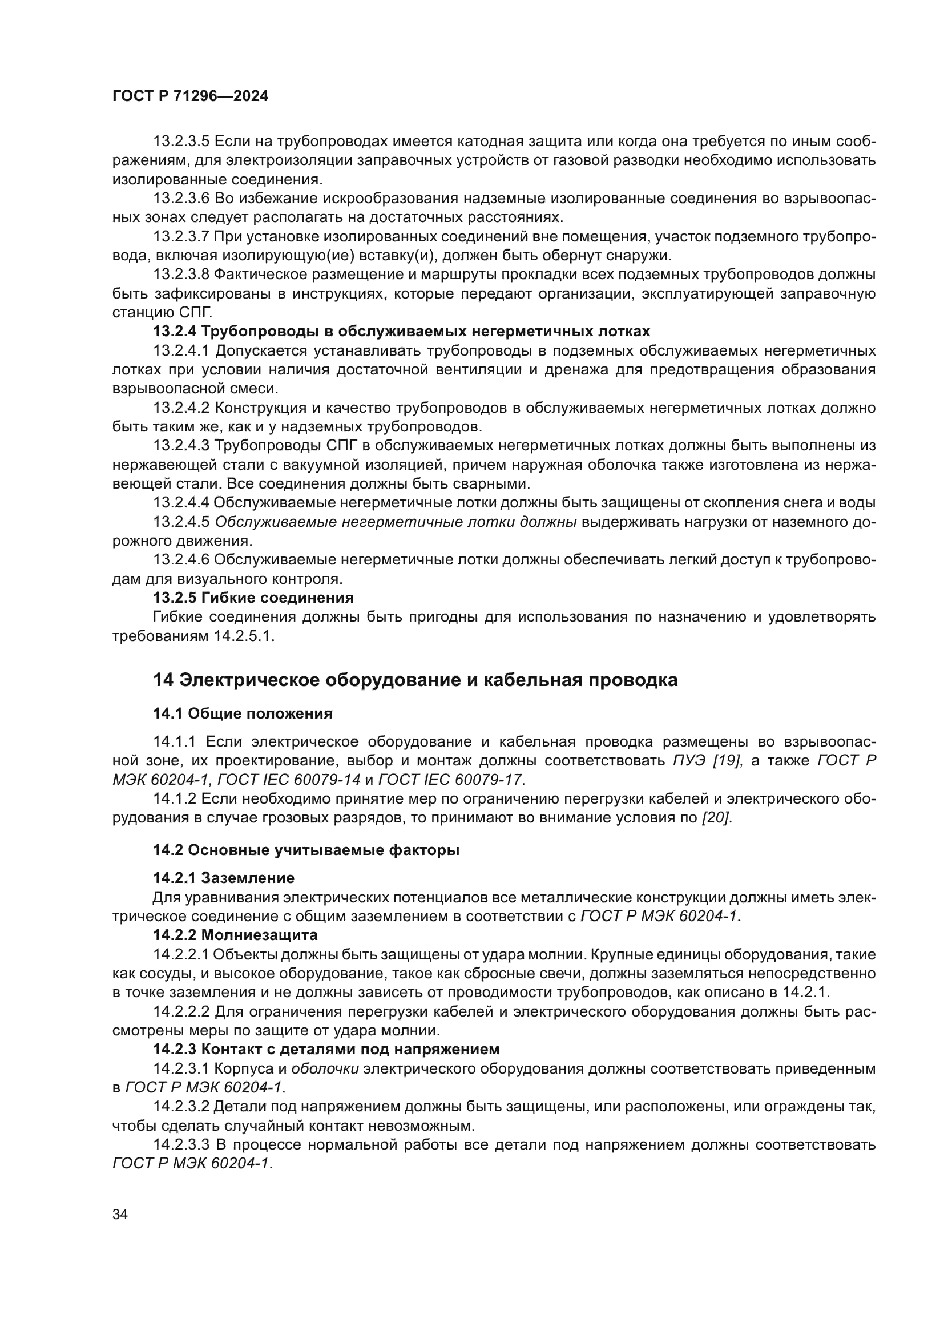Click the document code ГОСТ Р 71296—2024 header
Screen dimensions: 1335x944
click(190, 96)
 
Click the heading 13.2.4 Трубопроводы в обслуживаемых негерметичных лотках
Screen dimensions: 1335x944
click(401, 332)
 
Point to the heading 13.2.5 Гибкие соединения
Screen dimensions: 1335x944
click(253, 598)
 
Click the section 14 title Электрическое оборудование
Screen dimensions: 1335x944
click(415, 680)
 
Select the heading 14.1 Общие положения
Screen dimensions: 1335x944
click(243, 713)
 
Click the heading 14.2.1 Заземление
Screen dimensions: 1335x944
click(224, 877)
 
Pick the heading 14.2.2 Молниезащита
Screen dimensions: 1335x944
click(235, 935)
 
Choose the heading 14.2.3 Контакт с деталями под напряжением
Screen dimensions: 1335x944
click(326, 1049)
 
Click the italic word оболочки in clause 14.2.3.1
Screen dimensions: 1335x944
click(324, 1068)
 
